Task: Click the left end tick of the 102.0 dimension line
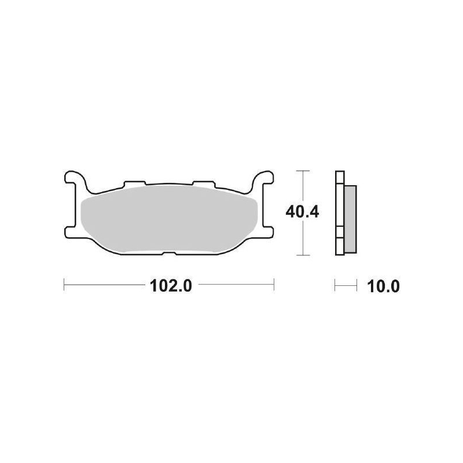point(63,285)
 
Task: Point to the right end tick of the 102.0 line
point(273,285)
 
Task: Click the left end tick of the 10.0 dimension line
point(335,285)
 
